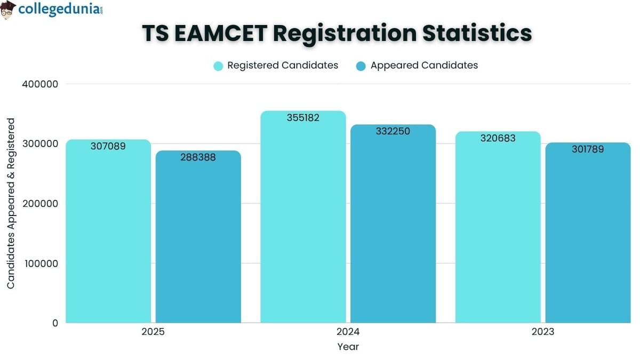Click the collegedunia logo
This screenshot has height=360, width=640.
52,10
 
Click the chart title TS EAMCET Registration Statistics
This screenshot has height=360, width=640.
337,33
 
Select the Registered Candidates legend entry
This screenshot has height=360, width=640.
276,66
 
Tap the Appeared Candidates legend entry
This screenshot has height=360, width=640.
417,66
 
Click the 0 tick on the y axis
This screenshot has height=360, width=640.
54,323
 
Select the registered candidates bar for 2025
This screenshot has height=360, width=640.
108,235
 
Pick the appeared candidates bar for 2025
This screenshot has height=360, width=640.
198,240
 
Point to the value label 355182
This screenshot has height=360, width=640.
303,118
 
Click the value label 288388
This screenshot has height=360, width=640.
198,157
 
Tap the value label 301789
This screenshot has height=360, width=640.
588,149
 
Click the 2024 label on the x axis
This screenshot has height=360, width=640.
348,332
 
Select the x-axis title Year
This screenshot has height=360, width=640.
348,347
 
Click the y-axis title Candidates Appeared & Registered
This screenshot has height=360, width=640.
11,204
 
